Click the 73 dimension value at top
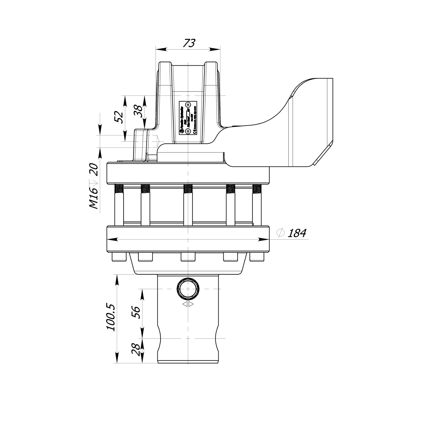click(189, 43)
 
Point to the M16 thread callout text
click(93, 198)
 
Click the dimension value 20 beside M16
click(94, 170)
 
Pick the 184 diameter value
click(297, 233)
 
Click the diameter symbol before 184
click(280, 233)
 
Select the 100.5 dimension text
click(111, 317)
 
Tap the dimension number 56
click(136, 313)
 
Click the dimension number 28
click(136, 350)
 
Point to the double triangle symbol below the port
click(188, 304)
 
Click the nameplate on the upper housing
click(188, 118)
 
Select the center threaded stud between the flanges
click(188, 205)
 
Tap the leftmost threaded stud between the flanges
click(119, 205)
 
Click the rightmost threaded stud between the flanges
click(257, 205)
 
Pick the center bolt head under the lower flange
click(188, 257)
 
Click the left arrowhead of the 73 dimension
click(159, 49)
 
